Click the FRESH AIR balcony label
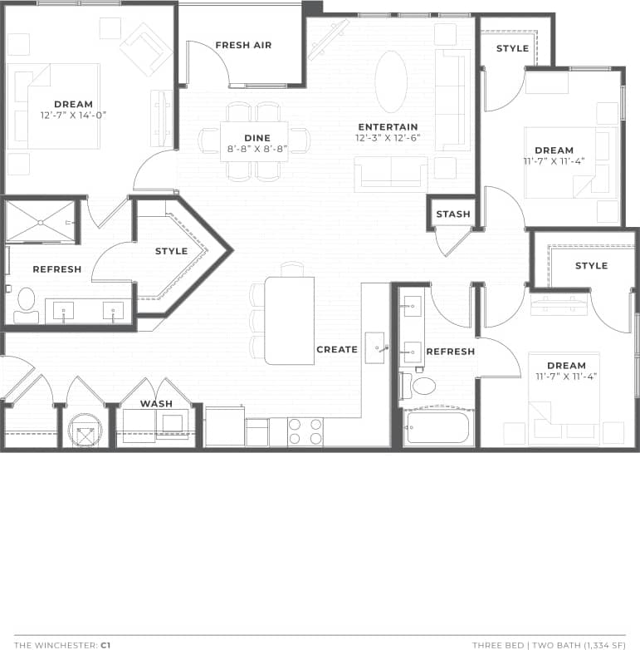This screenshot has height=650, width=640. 243,45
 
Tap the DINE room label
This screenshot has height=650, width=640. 257,138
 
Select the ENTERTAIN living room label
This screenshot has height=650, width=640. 388,127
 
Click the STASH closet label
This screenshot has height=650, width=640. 453,214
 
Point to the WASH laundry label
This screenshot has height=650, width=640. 156,404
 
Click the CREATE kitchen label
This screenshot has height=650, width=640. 337,350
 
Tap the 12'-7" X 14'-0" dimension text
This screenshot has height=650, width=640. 73,116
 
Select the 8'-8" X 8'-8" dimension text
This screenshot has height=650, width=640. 257,149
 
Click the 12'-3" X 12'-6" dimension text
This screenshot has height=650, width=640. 388,138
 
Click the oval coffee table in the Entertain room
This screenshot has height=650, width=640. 391,81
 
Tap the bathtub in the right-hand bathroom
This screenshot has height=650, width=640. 437,427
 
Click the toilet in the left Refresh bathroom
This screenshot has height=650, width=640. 27,299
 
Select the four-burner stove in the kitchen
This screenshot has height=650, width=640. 305,432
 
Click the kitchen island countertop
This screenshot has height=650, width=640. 289,320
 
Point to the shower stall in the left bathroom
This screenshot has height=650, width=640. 40,220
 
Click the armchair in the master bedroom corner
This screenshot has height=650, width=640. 145,47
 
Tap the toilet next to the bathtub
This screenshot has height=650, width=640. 423,386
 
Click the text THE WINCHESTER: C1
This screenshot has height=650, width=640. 62,644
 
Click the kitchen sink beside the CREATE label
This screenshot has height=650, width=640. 375,343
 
